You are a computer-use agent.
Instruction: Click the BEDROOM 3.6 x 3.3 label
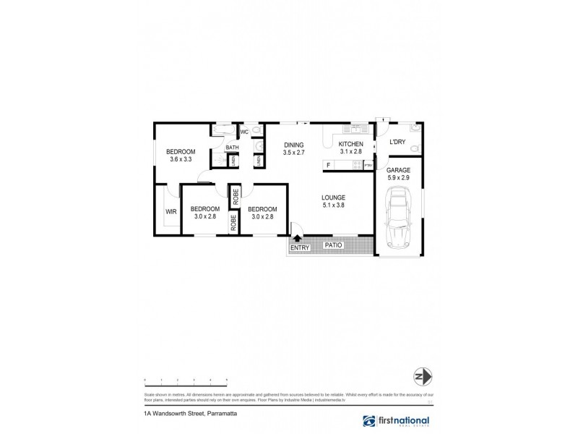pyautogui.click(x=182, y=155)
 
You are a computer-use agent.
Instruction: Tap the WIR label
pyautogui.click(x=171, y=212)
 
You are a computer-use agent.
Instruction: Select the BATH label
pyautogui.click(x=232, y=148)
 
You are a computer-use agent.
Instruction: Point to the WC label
pyautogui.click(x=244, y=132)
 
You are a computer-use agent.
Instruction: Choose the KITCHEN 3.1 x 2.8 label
pyautogui.click(x=351, y=149)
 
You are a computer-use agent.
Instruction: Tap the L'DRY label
pyautogui.click(x=397, y=142)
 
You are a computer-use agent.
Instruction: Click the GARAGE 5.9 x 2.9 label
pyautogui.click(x=398, y=174)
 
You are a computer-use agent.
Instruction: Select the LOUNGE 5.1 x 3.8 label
pyautogui.click(x=333, y=202)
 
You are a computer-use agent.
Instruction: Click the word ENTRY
pyautogui.click(x=299, y=248)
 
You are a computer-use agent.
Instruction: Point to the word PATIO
pyautogui.click(x=333, y=245)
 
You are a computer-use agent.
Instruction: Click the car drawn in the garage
pyautogui.click(x=398, y=217)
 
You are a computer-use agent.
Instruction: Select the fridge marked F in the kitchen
pyautogui.click(x=329, y=166)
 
